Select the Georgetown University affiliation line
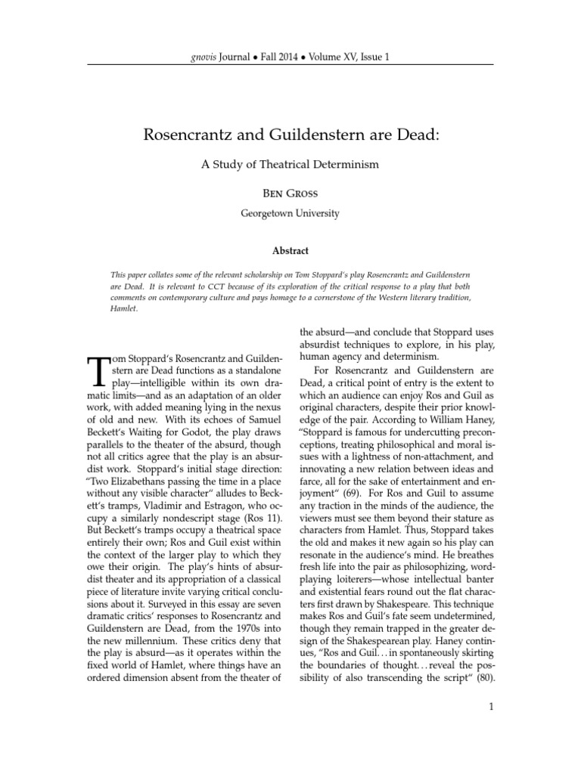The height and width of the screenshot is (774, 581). click(x=290, y=213)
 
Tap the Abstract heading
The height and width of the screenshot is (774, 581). click(x=290, y=250)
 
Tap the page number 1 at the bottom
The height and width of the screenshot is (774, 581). click(x=491, y=729)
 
